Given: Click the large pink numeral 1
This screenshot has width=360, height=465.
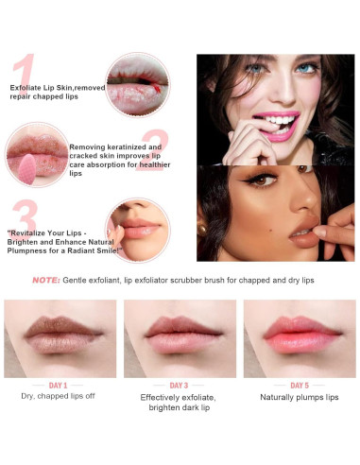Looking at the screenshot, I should (25, 75).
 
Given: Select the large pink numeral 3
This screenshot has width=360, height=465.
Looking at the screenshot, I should (26, 218).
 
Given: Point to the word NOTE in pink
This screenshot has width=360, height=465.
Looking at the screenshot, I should (45, 280).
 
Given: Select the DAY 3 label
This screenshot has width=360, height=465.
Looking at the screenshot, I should (179, 386).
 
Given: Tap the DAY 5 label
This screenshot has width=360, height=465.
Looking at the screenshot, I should (299, 386).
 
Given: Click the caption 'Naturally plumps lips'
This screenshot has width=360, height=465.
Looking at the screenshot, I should (299, 398).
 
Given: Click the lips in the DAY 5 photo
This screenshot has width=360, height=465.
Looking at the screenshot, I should (299, 336).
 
